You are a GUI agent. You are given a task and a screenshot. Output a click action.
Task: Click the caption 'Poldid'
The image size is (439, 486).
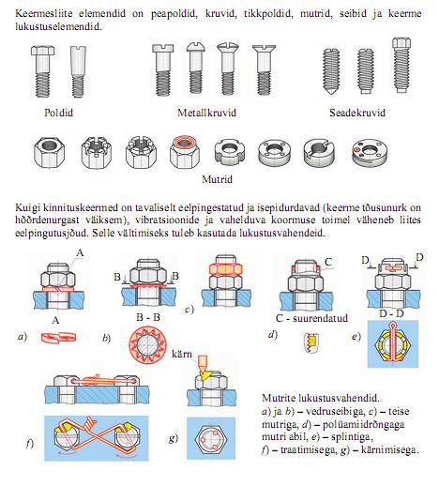58,113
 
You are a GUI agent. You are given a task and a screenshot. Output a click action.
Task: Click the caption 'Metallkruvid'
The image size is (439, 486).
206,113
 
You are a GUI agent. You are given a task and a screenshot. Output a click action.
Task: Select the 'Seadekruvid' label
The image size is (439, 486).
357,113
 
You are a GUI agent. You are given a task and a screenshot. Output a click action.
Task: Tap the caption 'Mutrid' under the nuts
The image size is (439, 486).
217,179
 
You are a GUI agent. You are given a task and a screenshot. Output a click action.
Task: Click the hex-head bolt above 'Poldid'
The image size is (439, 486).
43,71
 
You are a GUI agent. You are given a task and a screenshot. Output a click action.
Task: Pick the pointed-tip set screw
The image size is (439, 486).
331,71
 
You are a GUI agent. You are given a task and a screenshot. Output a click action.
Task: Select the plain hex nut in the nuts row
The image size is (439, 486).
50,153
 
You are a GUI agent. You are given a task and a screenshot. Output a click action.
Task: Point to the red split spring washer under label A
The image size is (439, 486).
58,338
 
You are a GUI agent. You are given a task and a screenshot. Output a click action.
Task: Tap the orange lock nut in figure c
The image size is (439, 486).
225,269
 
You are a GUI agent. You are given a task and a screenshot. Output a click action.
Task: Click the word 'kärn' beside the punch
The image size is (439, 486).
182,355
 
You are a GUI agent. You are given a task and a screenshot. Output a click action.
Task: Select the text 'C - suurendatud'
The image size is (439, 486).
311,318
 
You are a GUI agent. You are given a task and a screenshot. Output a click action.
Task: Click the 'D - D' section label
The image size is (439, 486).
391,313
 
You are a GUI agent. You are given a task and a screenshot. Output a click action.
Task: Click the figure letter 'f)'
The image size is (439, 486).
30,444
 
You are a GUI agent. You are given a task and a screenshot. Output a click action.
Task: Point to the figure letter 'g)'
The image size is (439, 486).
174,438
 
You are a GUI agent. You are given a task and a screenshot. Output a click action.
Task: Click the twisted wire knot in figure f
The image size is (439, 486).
87,423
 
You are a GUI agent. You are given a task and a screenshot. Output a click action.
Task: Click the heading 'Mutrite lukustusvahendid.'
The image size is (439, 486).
321,398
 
